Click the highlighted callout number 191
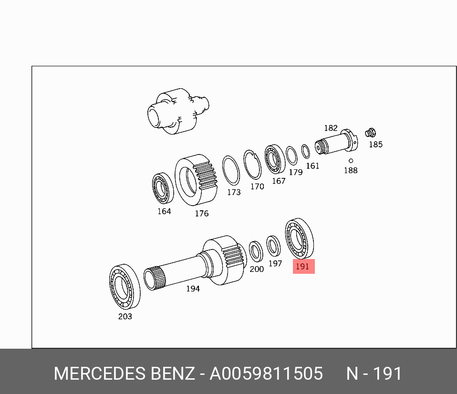point(302,266)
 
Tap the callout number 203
point(125,316)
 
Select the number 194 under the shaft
point(193,289)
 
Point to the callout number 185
point(376,144)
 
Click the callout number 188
point(351,170)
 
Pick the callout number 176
point(202,214)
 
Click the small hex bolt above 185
point(371,133)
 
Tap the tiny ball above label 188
point(351,161)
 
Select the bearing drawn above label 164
point(163,188)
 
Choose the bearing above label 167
point(275,159)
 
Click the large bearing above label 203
point(125,287)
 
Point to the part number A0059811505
point(266,373)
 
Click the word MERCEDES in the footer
point(99,373)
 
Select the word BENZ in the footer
point(173,373)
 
